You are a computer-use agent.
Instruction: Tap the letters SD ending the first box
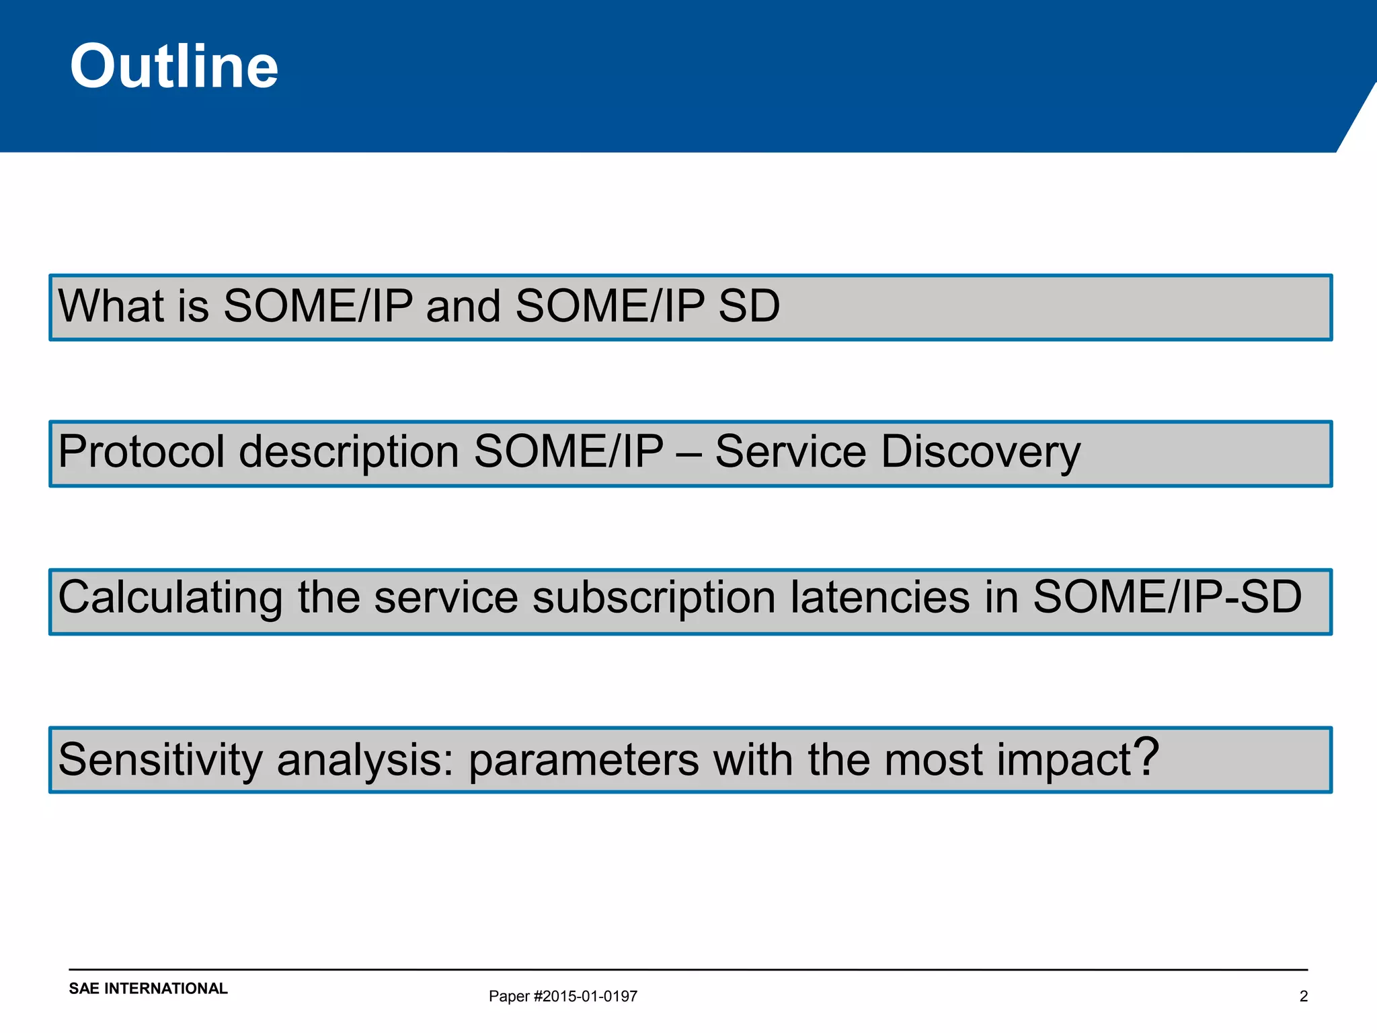(x=748, y=306)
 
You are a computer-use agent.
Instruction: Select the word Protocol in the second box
(x=141, y=451)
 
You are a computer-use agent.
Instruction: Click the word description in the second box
(x=349, y=453)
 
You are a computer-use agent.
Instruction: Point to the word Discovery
(x=980, y=453)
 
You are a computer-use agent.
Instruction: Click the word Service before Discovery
(x=790, y=451)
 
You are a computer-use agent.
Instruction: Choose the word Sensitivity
(x=160, y=760)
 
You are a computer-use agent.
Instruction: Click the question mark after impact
(x=1146, y=757)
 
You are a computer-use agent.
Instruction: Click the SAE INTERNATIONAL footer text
(x=148, y=988)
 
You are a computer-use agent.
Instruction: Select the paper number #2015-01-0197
(x=585, y=996)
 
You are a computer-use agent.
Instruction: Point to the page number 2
(x=1303, y=996)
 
